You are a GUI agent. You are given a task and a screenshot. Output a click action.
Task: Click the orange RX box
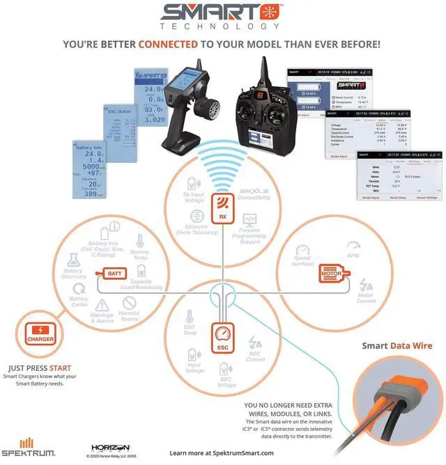point(222,207)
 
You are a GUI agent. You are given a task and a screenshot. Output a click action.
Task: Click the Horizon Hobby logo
point(107,448)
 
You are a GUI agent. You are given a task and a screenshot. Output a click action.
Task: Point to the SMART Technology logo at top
point(222,15)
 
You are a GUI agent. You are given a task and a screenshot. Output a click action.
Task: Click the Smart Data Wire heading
point(397,346)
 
